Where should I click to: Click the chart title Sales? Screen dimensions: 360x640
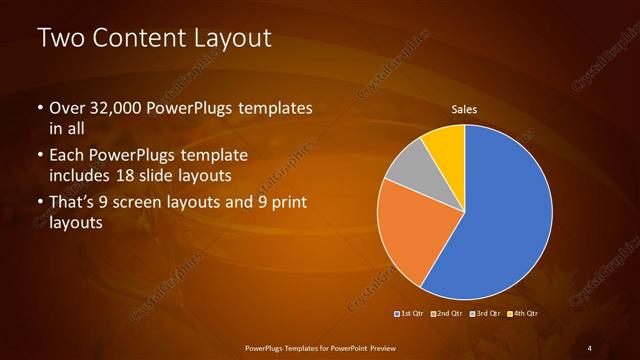463,108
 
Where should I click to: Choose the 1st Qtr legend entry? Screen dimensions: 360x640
411,314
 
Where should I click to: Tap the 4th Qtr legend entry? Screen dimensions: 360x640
523,314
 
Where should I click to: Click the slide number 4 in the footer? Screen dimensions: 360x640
589,347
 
